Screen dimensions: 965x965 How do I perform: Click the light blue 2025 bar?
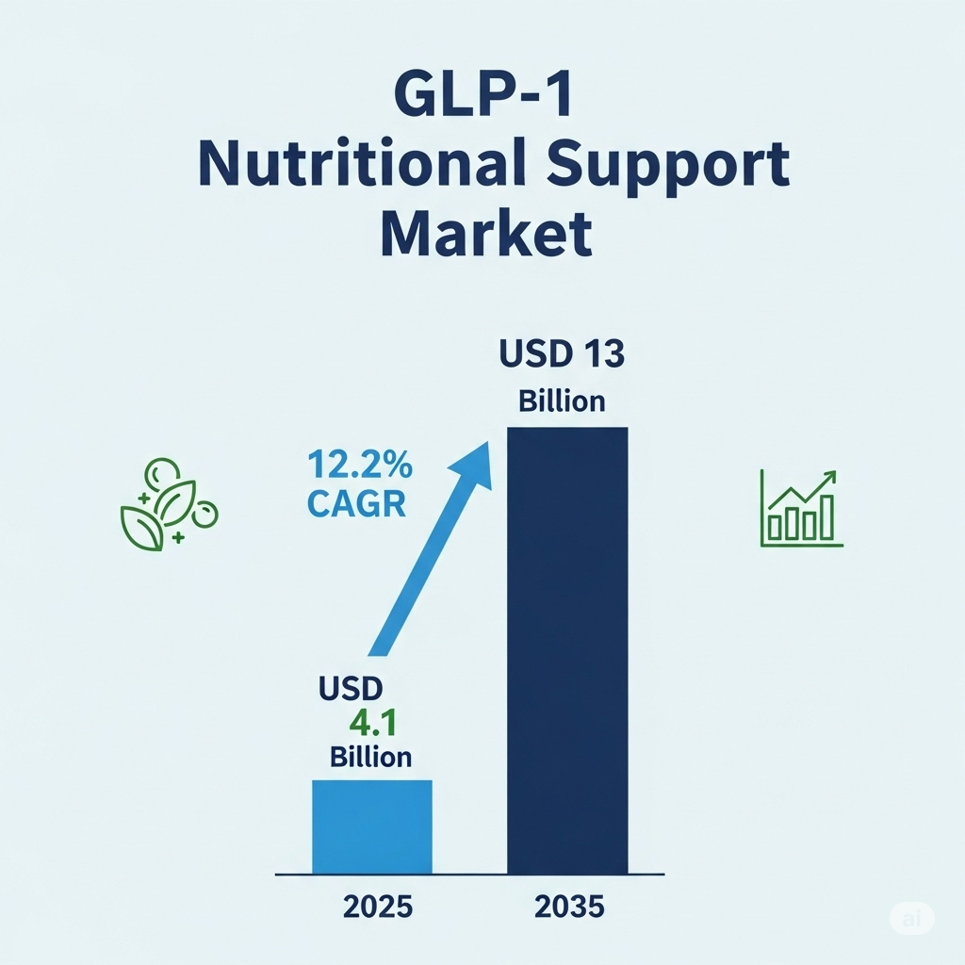(x=372, y=826)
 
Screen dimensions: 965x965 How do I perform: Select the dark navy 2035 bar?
(x=567, y=650)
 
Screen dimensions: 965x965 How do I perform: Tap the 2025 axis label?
(x=378, y=907)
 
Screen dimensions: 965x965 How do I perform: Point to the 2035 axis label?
(x=569, y=907)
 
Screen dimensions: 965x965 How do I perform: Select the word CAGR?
(x=356, y=503)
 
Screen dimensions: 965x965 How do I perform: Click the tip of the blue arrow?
(x=489, y=442)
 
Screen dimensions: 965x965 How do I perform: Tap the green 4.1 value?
(x=373, y=723)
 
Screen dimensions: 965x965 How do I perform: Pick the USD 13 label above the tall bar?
(x=562, y=354)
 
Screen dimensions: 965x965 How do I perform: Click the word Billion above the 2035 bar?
(x=562, y=401)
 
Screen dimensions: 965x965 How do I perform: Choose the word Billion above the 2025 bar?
(x=370, y=757)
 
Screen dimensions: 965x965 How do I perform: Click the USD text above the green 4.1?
(x=351, y=688)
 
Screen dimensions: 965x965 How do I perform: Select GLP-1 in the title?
(x=483, y=95)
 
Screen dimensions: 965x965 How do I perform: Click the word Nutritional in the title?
(x=363, y=164)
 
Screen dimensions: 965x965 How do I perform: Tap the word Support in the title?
(x=668, y=166)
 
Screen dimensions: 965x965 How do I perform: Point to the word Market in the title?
(x=486, y=234)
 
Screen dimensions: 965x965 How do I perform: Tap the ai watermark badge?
(x=911, y=919)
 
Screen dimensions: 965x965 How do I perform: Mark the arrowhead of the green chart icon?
(x=831, y=476)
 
